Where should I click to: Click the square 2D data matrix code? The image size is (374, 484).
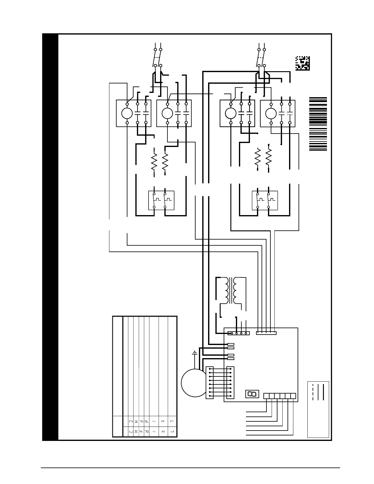click(302, 63)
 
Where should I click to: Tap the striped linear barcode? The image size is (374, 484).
click(318, 124)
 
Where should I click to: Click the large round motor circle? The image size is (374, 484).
click(194, 383)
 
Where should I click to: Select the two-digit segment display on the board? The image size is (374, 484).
click(252, 394)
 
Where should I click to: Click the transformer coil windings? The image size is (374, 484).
click(231, 290)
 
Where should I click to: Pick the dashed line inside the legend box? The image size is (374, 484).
click(313, 391)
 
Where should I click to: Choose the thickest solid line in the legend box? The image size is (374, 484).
click(323, 391)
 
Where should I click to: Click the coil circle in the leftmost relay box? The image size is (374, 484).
click(127, 113)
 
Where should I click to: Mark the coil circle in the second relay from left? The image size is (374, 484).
click(167, 113)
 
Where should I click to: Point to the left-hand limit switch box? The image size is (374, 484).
click(161, 200)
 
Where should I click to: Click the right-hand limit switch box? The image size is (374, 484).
click(265, 200)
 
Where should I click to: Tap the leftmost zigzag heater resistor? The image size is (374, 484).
click(154, 161)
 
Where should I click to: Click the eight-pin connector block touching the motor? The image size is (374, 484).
click(210, 383)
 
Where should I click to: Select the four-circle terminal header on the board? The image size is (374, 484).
click(239, 333)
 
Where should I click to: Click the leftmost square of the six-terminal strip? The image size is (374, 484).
click(266, 396)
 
